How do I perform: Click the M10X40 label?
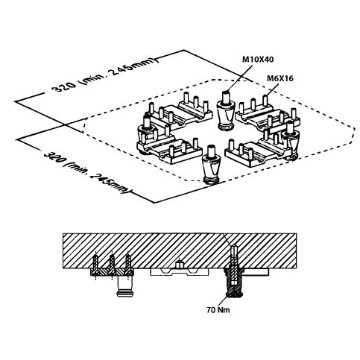coord(258,60)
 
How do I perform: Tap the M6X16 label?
coord(280,78)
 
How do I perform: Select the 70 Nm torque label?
coord(218,310)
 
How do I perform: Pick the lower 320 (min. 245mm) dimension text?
coord(87,172)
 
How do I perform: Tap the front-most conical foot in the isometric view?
coord(212,165)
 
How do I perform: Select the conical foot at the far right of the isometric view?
coord(290,142)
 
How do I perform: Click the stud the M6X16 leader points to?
coord(265,100)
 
